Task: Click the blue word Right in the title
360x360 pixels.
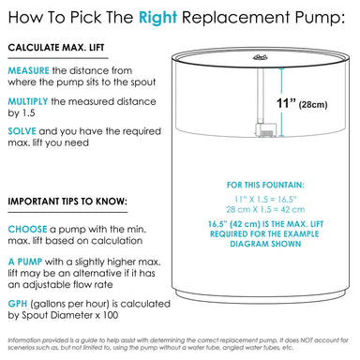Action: [157, 18]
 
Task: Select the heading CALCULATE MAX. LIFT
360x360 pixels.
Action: [56, 48]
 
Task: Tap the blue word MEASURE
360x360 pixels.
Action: [28, 70]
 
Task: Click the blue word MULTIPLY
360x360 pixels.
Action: [28, 101]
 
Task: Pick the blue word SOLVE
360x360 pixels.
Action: [22, 131]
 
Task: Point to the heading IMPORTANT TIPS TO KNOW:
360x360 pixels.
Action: [67, 202]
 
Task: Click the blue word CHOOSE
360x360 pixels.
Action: [27, 230]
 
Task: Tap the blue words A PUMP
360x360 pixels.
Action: [25, 262]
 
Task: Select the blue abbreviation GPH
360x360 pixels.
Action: [18, 304]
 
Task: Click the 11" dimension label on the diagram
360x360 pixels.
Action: [286, 103]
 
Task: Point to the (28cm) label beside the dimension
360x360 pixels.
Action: [313, 104]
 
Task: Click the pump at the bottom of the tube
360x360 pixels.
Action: [265, 129]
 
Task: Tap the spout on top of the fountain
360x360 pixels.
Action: [261, 57]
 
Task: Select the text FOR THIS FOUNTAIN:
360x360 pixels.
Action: [265, 185]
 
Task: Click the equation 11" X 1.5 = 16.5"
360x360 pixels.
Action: [265, 199]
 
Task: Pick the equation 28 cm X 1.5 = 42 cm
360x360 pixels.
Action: [265, 209]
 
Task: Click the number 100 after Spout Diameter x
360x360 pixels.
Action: [110, 315]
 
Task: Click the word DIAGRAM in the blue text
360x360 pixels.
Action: [246, 244]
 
